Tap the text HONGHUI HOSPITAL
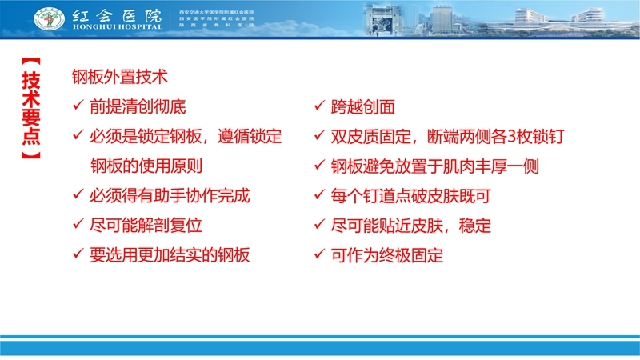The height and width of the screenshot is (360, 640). pos(115,27)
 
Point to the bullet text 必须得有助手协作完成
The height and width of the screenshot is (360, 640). pos(170,195)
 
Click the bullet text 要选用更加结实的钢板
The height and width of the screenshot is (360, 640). pos(170,255)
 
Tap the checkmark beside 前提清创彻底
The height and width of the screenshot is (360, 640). pos(77,106)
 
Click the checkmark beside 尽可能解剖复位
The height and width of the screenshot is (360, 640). pos(77,226)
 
